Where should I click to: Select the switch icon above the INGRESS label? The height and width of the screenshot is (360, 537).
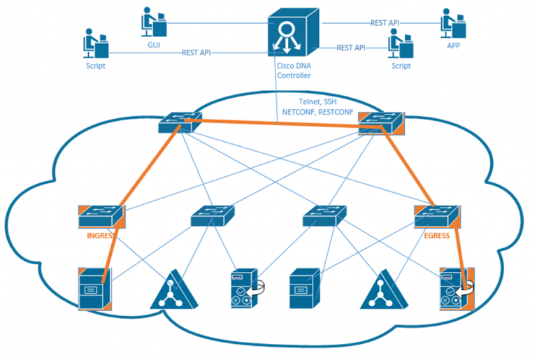[101, 216]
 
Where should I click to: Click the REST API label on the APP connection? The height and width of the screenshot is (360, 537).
[386, 22]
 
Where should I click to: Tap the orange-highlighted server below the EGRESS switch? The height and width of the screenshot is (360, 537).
[456, 287]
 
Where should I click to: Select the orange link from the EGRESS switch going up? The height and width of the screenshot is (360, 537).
[413, 168]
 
